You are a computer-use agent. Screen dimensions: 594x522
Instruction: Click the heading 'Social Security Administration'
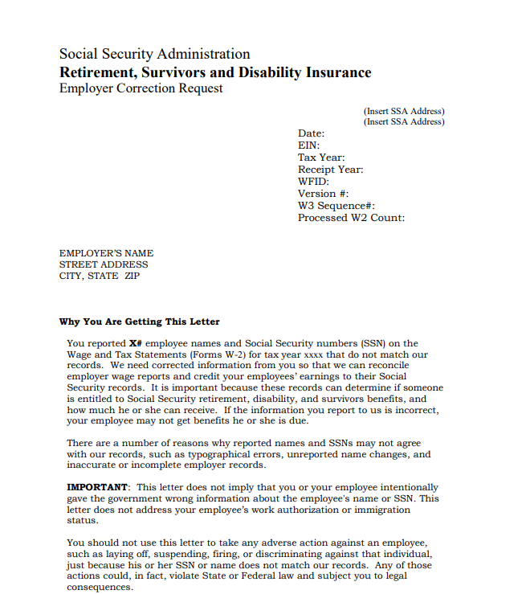154,55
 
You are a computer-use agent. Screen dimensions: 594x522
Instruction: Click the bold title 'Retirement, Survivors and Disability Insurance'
215,72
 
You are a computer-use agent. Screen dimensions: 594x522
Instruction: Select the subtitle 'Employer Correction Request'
141,88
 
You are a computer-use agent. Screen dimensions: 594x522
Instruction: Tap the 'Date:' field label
311,133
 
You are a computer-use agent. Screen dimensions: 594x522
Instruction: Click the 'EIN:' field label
308,145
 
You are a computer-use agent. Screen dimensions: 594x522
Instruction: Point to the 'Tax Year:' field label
321,158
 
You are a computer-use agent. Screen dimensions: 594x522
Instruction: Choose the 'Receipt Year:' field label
330,170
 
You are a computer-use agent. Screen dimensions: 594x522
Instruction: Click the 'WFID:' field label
313,182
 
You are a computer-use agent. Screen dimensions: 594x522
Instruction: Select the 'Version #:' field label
323,194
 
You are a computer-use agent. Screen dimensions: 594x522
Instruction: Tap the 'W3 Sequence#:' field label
336,206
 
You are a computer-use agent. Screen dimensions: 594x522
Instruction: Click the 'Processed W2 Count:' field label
351,218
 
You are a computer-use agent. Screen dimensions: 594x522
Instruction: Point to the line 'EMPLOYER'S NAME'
106,253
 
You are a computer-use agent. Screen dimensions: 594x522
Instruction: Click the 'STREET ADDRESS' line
104,264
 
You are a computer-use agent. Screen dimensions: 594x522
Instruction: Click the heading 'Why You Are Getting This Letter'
139,322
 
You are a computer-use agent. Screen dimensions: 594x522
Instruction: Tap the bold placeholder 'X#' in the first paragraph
137,344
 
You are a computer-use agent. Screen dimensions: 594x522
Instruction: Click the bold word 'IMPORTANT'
97,487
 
